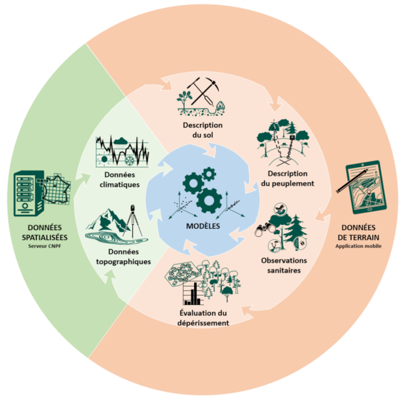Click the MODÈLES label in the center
203,226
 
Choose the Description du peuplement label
287,178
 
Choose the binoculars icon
262,231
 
